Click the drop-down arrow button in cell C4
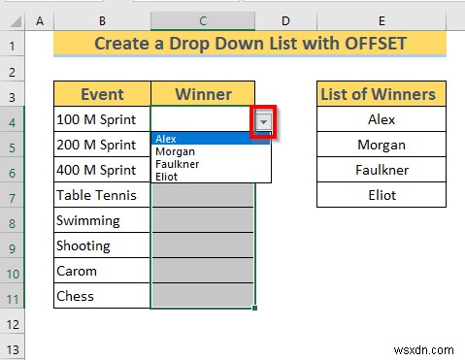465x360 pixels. tap(262, 121)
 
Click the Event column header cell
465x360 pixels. tap(102, 94)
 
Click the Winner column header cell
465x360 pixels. tap(203, 94)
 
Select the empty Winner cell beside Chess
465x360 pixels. tap(203, 296)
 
